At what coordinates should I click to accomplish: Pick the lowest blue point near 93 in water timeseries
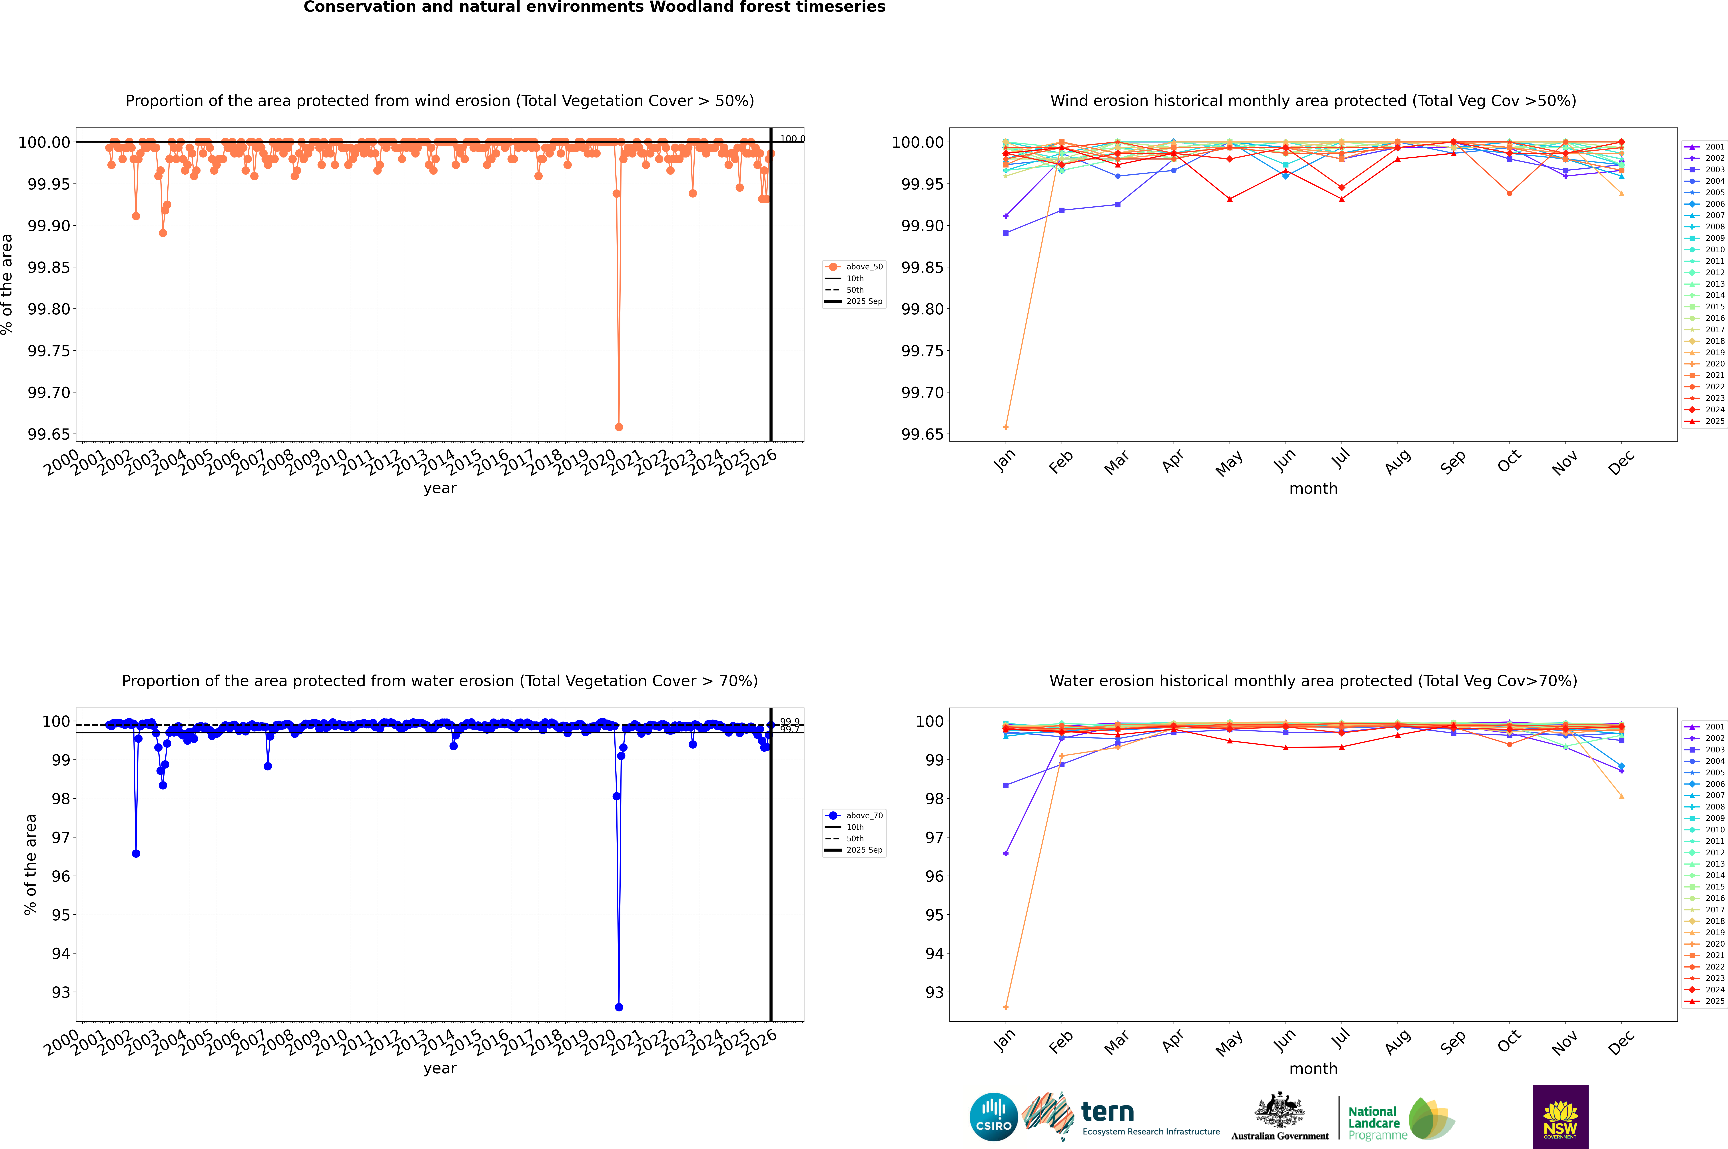click(x=619, y=1007)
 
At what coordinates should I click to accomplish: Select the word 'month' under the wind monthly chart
click(x=1313, y=489)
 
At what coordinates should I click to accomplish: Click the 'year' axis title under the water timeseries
click(x=440, y=1068)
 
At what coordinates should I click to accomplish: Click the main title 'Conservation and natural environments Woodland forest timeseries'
click(x=594, y=7)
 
